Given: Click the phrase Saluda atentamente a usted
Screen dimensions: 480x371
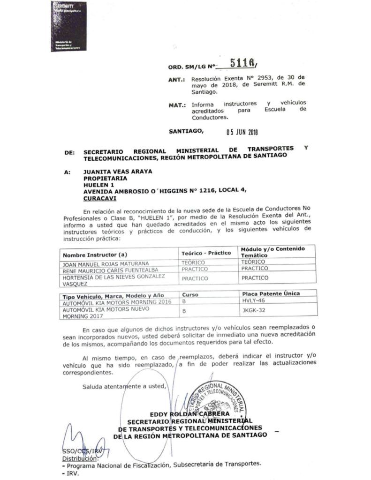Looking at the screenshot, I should tap(124, 387).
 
